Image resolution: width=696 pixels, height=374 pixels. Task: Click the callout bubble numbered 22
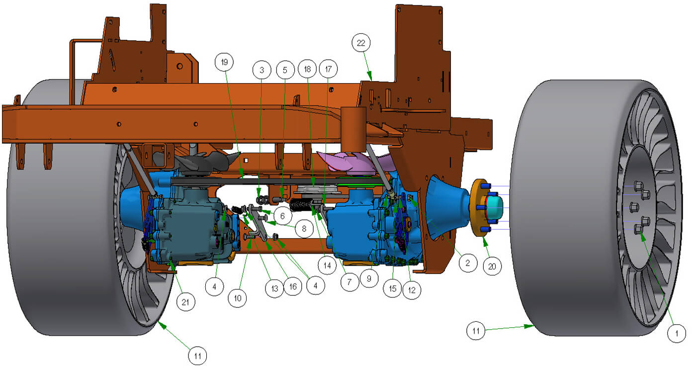pos(361,43)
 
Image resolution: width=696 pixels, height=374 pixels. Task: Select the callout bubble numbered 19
pos(224,62)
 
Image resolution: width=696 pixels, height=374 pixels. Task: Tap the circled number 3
pos(262,70)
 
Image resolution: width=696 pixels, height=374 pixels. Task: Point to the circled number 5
pos(285,70)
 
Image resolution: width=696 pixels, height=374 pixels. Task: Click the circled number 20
pos(492,266)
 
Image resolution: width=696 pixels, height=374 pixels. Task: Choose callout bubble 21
pos(186,301)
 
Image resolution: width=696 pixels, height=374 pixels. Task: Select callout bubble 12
pos(411,290)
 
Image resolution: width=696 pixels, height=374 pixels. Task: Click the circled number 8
pos(303,228)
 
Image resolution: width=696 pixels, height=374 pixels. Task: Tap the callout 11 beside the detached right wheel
pos(476,331)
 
